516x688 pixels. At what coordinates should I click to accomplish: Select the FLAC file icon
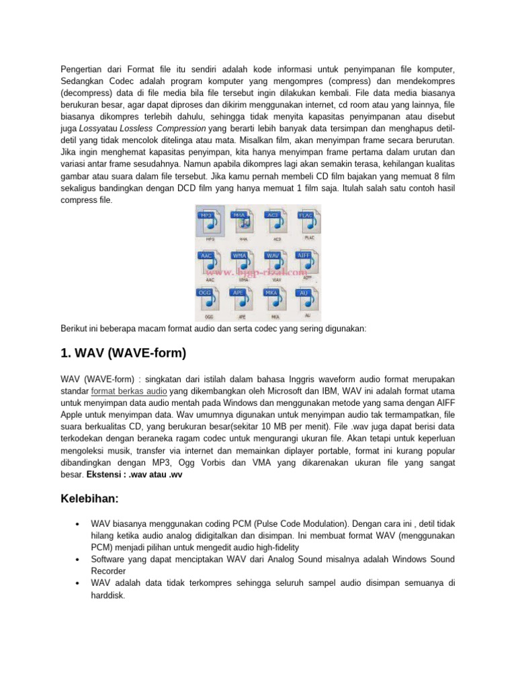point(308,222)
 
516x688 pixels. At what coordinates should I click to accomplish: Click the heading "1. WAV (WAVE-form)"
point(123,353)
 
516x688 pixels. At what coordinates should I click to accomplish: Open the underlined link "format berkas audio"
point(129,390)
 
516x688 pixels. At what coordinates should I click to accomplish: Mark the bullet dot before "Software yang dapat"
point(79,559)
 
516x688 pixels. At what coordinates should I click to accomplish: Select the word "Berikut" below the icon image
point(75,329)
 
